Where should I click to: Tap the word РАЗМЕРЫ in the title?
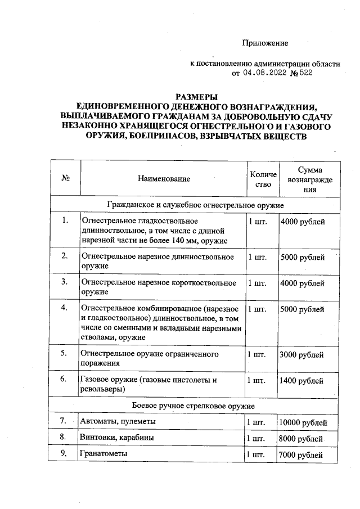[196, 97]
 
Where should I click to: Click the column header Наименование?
[163, 178]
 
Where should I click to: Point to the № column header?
[65, 178]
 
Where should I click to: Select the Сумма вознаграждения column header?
[309, 179]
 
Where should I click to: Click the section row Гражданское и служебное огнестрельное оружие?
[195, 205]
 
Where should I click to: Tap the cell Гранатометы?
[104, 453]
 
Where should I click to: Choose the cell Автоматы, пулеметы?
[118, 422]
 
